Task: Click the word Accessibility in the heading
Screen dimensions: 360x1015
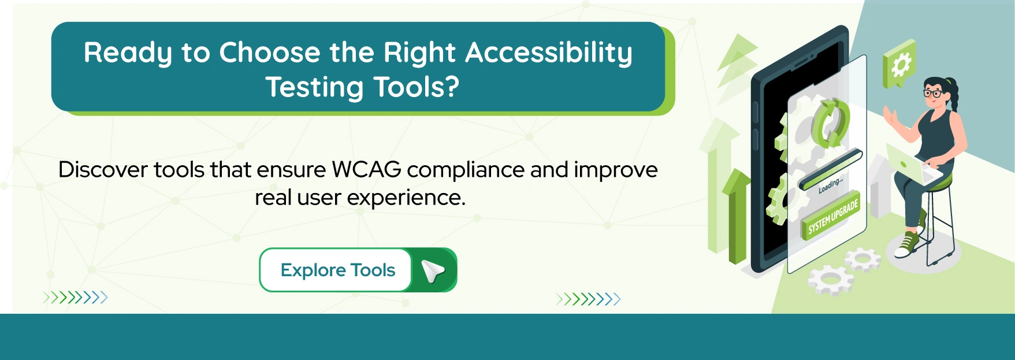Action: tap(548, 53)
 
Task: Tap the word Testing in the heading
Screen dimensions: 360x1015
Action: tap(314, 88)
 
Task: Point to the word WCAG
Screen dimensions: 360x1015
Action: tap(366, 170)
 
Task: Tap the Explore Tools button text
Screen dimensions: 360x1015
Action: tap(337, 270)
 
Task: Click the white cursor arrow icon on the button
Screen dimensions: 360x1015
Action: tap(433, 270)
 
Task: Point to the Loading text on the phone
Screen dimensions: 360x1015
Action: tap(830, 185)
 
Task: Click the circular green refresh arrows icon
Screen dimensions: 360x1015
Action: tap(831, 122)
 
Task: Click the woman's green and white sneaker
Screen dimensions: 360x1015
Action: tap(906, 244)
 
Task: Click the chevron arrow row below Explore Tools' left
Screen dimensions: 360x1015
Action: tap(75, 298)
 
